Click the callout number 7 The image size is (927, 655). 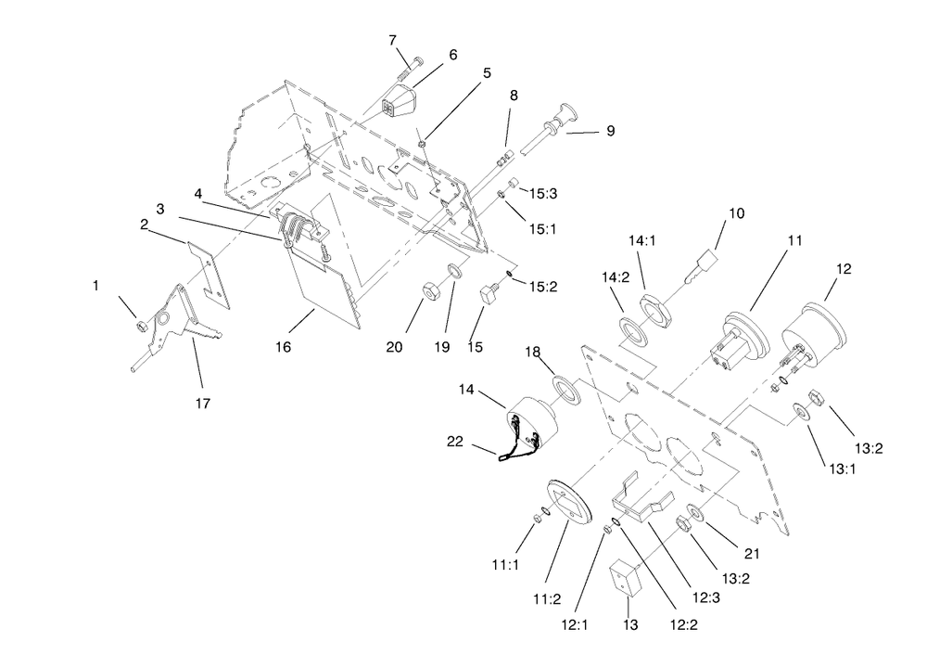392,40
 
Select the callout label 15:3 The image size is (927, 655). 542,194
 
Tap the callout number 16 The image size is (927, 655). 283,347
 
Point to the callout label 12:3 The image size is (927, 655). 706,597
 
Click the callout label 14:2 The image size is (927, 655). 616,276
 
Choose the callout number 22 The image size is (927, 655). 454,442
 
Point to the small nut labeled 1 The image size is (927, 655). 141,326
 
